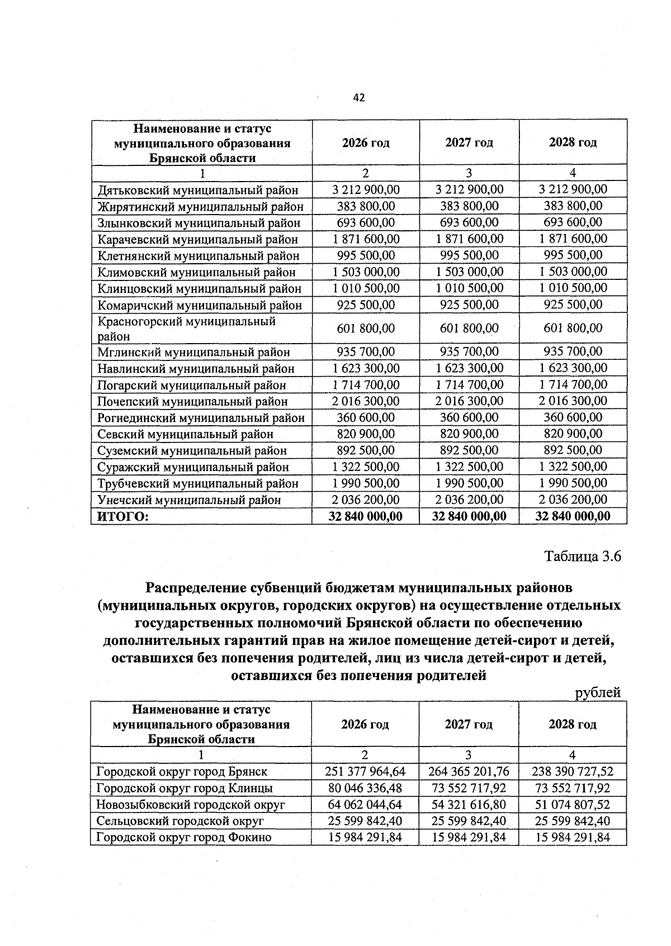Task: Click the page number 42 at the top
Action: tap(359, 98)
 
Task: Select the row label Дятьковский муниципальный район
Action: tap(197, 190)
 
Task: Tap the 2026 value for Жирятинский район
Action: tap(366, 206)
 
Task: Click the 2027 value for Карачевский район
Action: tap(469, 239)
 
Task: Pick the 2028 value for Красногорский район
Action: tap(573, 329)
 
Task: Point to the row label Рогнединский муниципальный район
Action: tap(201, 418)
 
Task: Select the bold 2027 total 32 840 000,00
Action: tap(469, 516)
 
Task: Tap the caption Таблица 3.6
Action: tap(583, 557)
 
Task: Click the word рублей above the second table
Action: tap(598, 693)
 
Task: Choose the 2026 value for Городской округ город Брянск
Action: tap(365, 772)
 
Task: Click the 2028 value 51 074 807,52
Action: tap(573, 805)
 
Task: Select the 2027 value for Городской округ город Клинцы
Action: tap(469, 788)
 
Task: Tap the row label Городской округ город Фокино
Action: tap(183, 838)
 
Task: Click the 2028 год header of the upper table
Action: tap(573, 142)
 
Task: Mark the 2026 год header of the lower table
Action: tap(365, 724)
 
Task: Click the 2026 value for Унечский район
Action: tap(366, 500)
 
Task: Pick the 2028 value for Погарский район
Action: tap(573, 384)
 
